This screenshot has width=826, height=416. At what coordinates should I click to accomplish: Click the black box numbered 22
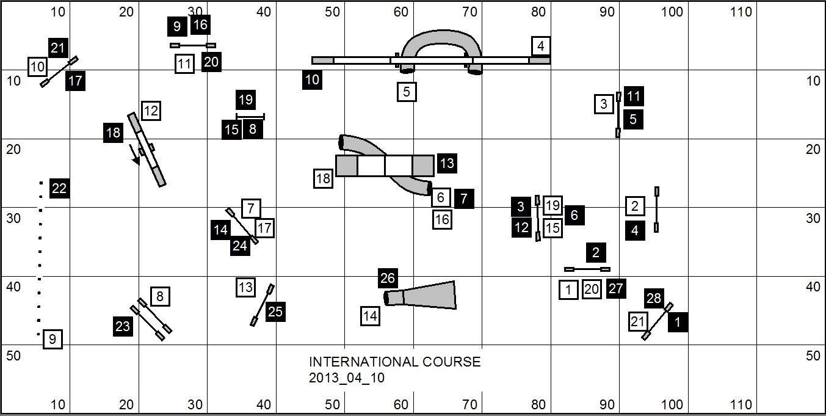[59, 189]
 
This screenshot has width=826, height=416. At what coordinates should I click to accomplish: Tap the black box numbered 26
[388, 279]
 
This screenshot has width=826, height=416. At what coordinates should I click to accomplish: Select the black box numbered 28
[654, 298]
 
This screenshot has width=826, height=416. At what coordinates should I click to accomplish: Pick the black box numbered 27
[616, 289]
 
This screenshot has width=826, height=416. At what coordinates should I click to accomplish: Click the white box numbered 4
[540, 46]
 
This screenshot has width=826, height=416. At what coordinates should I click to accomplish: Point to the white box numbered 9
[53, 339]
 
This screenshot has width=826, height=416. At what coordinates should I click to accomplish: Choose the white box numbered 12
[151, 111]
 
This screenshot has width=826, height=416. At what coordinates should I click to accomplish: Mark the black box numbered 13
[447, 164]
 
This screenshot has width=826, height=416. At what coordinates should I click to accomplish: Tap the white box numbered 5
[407, 92]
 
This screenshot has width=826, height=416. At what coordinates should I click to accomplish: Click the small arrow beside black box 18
[134, 154]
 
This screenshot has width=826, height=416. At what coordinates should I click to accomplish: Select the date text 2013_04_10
[347, 378]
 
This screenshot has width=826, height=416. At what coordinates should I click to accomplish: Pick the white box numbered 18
[324, 179]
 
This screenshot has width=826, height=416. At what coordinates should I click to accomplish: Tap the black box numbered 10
[312, 80]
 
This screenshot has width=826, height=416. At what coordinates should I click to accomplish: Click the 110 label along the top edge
[741, 12]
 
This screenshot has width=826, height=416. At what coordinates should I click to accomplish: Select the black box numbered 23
[123, 326]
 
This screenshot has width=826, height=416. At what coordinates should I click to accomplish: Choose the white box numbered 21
[638, 322]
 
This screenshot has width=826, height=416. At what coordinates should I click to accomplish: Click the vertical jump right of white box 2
[657, 210]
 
